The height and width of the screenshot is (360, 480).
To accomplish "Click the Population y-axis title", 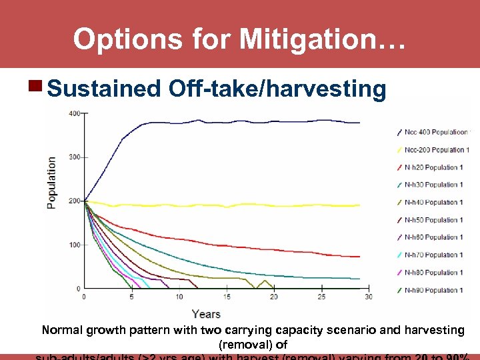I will [x=52, y=183].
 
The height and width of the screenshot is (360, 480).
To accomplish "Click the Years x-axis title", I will [x=206, y=313].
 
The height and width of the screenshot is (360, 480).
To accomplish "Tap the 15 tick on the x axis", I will [x=227, y=297].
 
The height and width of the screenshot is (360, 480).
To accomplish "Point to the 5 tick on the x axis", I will [x=131, y=297].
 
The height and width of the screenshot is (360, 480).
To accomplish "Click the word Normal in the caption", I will [x=62, y=330].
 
